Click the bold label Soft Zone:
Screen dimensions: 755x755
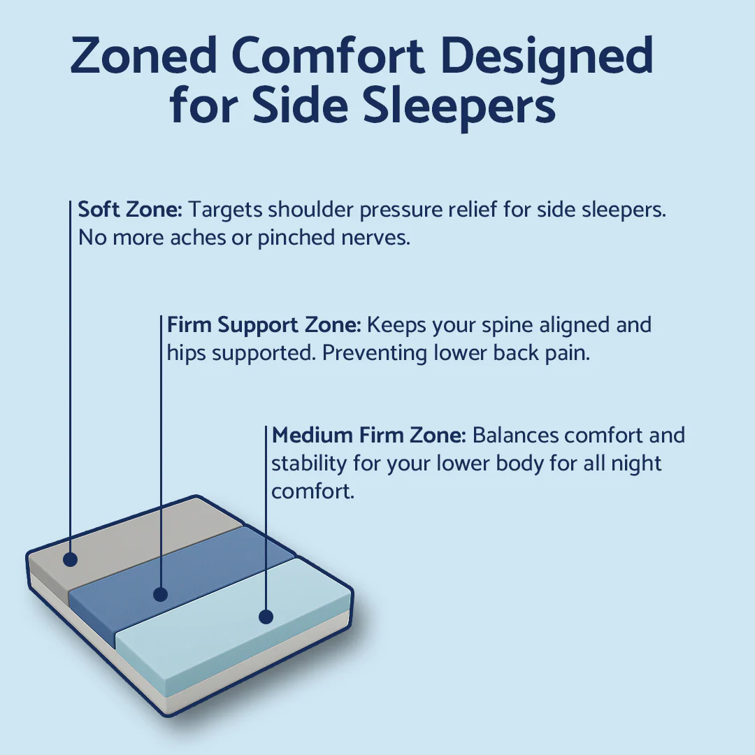[x=130, y=209]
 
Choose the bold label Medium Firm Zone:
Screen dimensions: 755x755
[x=369, y=436]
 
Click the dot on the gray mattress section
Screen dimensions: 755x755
[x=70, y=559]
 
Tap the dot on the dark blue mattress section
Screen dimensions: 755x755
[x=161, y=595]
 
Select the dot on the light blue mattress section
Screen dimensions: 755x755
[x=266, y=617]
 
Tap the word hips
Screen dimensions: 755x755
[x=187, y=353]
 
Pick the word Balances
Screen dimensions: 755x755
[x=516, y=436]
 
